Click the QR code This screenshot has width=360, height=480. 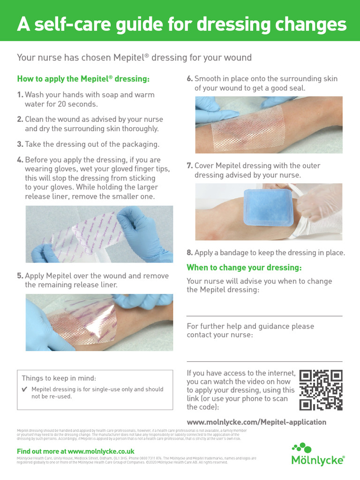tap(321, 390)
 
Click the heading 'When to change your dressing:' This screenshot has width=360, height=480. tap(244, 268)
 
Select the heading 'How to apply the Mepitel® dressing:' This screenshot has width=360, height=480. tap(83, 79)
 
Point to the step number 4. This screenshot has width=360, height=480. tap(20, 160)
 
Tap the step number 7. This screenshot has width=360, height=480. tap(190, 166)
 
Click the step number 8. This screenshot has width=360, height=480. tap(189, 253)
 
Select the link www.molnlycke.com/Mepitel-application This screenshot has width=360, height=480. tap(256, 422)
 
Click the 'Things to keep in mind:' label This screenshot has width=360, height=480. tap(59, 378)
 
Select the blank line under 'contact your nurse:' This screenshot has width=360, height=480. tap(264, 361)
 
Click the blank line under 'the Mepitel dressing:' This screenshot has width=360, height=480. tap(264, 316)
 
